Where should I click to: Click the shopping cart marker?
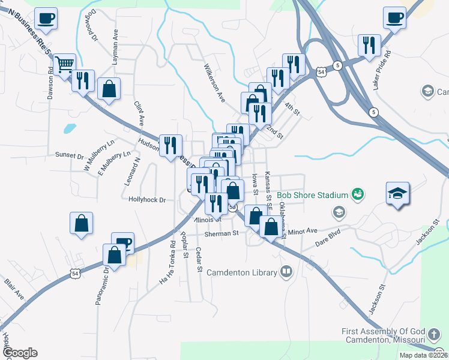[64, 64]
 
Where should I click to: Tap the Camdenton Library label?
[242, 272]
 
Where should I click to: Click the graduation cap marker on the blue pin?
[397, 193]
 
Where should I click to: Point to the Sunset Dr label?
[69, 155]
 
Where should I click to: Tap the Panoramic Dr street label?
[100, 286]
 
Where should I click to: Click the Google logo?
[20, 353]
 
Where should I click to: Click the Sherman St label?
[221, 233]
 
